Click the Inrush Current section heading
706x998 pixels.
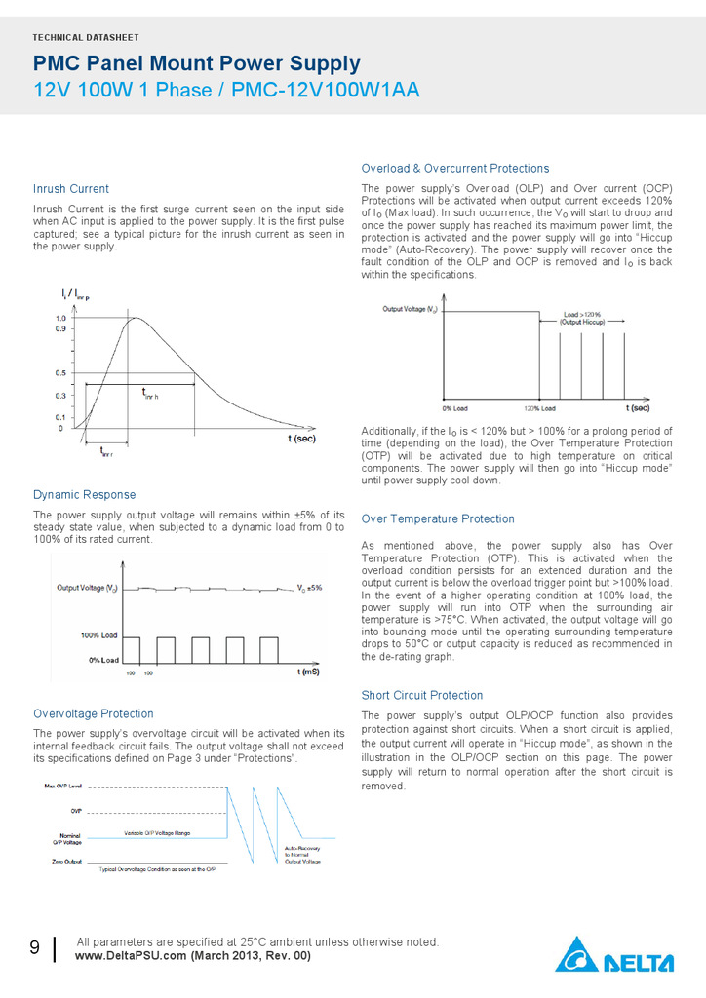tap(71, 189)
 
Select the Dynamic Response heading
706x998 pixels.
tap(84, 495)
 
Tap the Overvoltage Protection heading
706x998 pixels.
tap(93, 714)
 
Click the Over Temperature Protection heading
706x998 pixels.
tap(438, 519)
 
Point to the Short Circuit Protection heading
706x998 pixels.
tap(422, 696)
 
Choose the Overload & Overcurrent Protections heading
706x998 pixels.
tap(455, 169)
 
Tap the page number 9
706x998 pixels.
tap(34, 948)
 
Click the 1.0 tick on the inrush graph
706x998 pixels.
tap(60, 319)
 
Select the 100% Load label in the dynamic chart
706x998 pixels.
tap(98, 635)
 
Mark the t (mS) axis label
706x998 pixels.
tap(308, 672)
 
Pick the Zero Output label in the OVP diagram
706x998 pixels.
tap(66, 862)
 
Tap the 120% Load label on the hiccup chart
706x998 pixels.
tap(540, 408)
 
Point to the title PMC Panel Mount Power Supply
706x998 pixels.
tap(197, 64)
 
